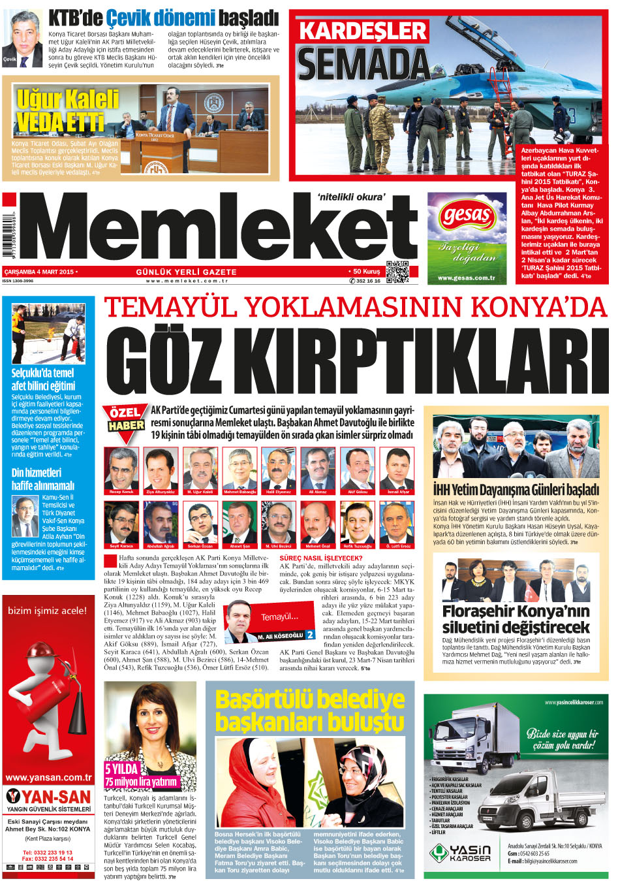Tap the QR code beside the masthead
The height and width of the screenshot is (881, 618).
pos(397,271)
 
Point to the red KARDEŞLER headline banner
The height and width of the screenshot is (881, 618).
pos(363,31)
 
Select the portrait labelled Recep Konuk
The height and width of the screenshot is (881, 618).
pos(121,470)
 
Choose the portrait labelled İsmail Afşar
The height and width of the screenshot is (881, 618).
pos(397,470)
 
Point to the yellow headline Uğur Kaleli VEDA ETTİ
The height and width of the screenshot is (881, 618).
pos(67,110)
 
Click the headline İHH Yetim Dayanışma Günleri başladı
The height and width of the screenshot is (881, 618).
pos(516,490)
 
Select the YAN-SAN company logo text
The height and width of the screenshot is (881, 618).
pos(49,797)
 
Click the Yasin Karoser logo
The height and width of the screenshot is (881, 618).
pos(460,853)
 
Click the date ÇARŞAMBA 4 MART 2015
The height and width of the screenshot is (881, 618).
pos(39,272)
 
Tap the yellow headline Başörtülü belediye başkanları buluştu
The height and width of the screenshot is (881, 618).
pos(310,711)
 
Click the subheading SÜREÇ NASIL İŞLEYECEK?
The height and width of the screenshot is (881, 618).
pos(321,558)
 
